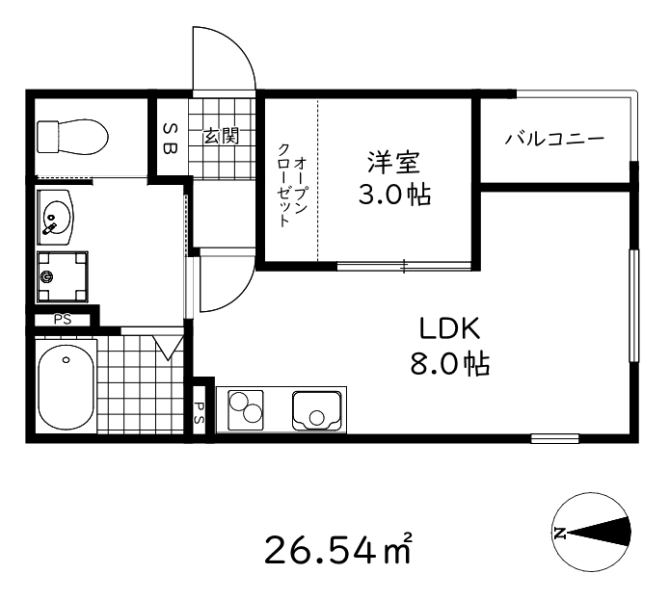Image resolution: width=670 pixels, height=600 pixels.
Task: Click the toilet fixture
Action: [70, 138]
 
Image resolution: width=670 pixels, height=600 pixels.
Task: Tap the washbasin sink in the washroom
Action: [56, 217]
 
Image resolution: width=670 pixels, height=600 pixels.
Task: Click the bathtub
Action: [66, 387]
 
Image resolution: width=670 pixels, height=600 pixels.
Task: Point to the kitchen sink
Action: [317, 409]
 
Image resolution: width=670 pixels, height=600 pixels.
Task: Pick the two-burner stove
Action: [246, 409]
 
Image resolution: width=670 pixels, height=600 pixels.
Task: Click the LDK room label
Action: [449, 328]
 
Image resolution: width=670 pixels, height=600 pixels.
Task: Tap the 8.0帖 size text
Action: [449, 365]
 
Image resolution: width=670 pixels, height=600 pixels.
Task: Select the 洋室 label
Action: [393, 161]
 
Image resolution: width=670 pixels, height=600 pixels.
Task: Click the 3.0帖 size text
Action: [393, 196]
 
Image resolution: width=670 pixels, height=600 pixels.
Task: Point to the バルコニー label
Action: [554, 139]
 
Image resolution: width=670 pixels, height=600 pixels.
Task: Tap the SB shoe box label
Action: [169, 138]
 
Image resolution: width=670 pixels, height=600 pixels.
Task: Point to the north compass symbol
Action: [592, 532]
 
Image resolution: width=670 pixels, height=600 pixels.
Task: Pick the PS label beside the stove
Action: [200, 412]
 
